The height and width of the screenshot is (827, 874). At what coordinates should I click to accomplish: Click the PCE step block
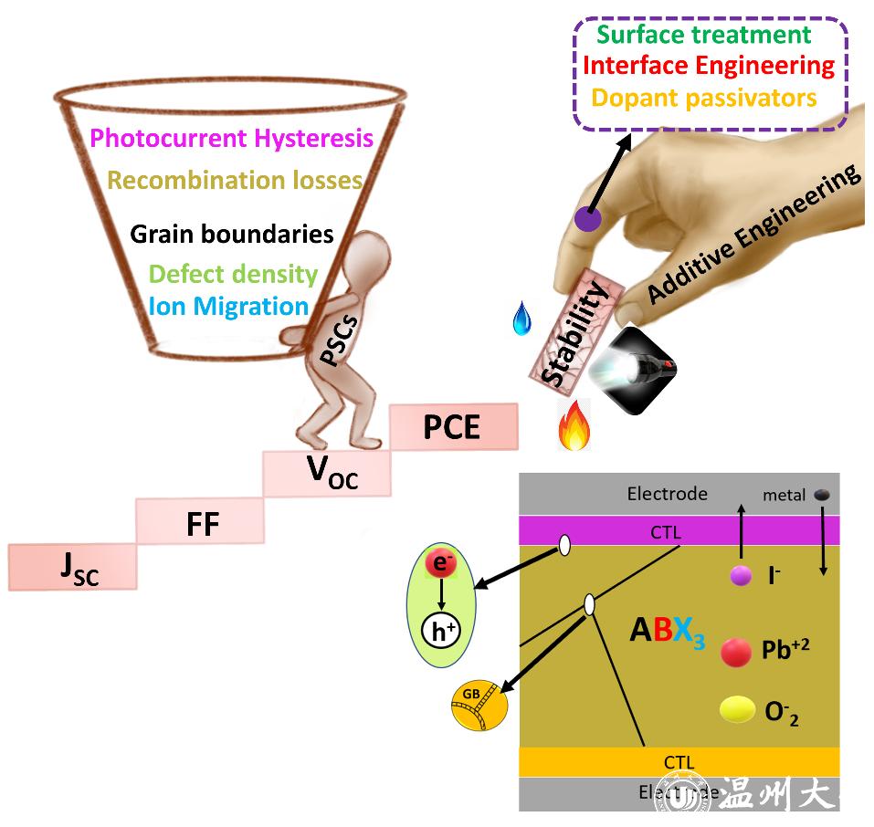click(x=453, y=427)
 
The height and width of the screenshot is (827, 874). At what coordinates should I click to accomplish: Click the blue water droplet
click(x=521, y=319)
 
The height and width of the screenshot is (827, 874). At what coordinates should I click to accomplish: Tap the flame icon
click(x=574, y=426)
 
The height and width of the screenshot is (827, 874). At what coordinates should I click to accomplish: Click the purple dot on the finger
click(x=587, y=219)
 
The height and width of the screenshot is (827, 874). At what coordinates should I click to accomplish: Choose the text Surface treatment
click(x=703, y=35)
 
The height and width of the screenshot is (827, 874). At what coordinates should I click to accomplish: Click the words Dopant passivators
click(x=703, y=96)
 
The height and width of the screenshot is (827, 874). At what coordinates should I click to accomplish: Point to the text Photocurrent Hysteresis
click(x=232, y=139)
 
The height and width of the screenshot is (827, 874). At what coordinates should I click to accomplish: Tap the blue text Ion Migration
click(x=228, y=305)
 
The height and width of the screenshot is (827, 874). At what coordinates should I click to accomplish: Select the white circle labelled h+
click(x=442, y=631)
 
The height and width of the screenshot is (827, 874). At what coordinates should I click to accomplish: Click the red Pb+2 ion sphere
click(x=736, y=651)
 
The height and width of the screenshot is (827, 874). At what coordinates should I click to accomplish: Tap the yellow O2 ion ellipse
click(x=738, y=709)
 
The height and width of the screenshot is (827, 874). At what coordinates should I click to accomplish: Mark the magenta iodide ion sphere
click(x=741, y=575)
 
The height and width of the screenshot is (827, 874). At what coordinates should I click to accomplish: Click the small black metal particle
click(x=822, y=495)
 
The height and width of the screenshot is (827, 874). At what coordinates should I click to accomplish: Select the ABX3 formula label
click(x=667, y=633)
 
